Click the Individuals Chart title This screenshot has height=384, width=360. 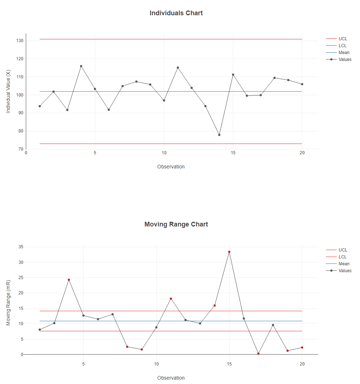coord(176,13)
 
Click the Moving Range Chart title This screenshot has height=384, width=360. coord(176,224)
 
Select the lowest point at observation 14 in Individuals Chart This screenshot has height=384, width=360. coord(219,135)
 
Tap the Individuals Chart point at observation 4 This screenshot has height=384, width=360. coord(81,66)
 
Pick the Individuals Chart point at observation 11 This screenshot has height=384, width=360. coord(178,68)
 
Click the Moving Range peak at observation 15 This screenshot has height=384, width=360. coord(229,252)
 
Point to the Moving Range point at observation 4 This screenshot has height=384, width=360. coord(69,280)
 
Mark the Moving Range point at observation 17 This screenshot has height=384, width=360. coord(258,354)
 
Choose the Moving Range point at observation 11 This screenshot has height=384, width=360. coord(171,299)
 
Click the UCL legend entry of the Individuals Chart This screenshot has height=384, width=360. coord(343,39)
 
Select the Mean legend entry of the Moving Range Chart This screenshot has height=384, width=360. coord(344,264)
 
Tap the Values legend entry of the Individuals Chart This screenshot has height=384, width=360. coord(345,60)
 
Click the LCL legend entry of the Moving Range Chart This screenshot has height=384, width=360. coord(342,257)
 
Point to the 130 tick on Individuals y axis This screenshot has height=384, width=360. coord(20,41)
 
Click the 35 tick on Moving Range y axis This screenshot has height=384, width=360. coord(21,247)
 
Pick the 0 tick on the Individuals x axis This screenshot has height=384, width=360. coord(26,153)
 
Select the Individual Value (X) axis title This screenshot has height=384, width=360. coord(9,91)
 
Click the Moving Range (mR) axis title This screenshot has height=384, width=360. coord(9,302)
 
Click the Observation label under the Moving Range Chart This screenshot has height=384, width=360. coord(171,378)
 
